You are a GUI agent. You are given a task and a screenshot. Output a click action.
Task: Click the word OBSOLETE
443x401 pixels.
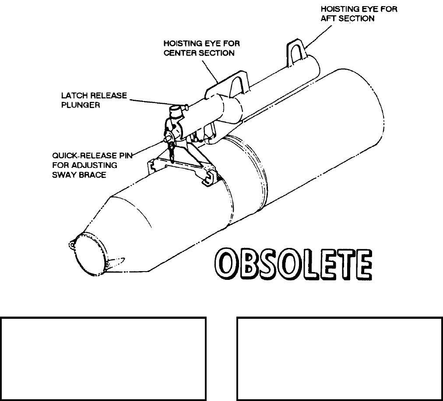293,266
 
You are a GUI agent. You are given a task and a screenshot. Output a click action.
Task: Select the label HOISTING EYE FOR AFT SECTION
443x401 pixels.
359,14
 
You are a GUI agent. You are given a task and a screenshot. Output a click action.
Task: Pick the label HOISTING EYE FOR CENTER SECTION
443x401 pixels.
202,49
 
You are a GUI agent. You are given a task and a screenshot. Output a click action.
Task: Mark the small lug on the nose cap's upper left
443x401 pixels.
71,244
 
